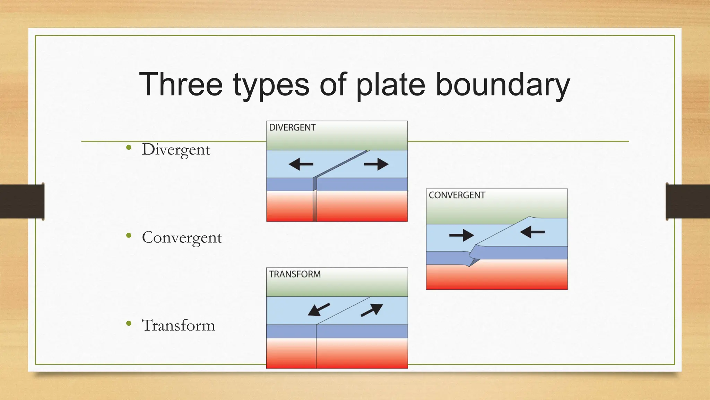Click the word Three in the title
click(x=181, y=84)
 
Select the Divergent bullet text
click(x=176, y=150)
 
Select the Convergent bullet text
click(x=182, y=237)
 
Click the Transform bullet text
click(x=179, y=325)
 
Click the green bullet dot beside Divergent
click(x=129, y=148)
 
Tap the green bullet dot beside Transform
click(x=129, y=324)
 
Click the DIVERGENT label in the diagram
click(x=292, y=127)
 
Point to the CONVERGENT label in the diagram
click(x=457, y=195)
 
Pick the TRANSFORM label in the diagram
click(x=295, y=274)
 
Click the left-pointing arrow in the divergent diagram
click(x=301, y=164)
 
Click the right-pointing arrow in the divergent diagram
click(x=376, y=164)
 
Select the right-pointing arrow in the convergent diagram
click(x=461, y=235)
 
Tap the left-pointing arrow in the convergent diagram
click(x=532, y=232)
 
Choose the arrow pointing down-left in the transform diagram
click(x=319, y=309)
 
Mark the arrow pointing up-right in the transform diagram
click(x=372, y=310)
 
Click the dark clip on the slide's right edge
click(x=688, y=201)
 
